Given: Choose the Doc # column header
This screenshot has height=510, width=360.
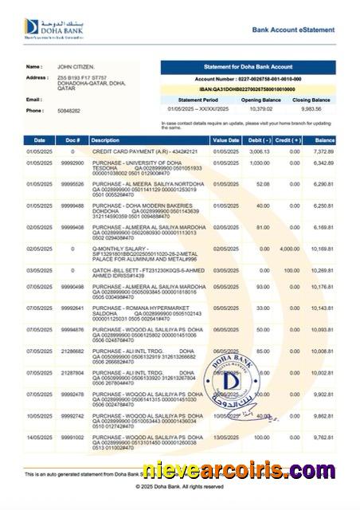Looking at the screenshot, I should pos(72,139).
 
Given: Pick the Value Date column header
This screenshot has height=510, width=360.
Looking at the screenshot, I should pos(225,139).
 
